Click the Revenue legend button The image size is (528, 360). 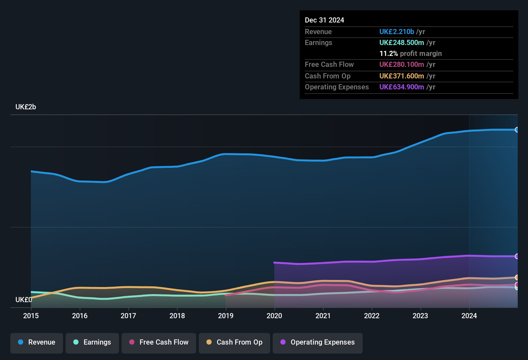point(37,342)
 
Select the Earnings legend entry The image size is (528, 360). point(92,342)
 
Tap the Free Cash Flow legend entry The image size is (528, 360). point(159,342)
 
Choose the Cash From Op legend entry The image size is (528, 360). point(234,342)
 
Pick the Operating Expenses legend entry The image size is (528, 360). point(318,342)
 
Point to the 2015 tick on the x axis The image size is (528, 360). point(31,316)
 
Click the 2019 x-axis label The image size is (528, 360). point(226,316)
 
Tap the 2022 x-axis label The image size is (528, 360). point(372,316)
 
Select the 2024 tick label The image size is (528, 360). point(469,316)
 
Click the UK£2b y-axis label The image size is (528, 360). point(26,107)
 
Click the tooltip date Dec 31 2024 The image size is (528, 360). point(324,20)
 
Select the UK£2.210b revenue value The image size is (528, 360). point(396,32)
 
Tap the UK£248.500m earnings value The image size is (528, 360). point(402,43)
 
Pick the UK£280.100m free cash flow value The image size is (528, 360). point(402,65)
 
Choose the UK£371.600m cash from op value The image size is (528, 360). point(402,76)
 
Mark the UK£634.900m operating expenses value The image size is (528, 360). point(402,87)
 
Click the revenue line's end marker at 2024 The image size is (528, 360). point(517,130)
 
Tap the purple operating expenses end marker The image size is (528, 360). point(517,256)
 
